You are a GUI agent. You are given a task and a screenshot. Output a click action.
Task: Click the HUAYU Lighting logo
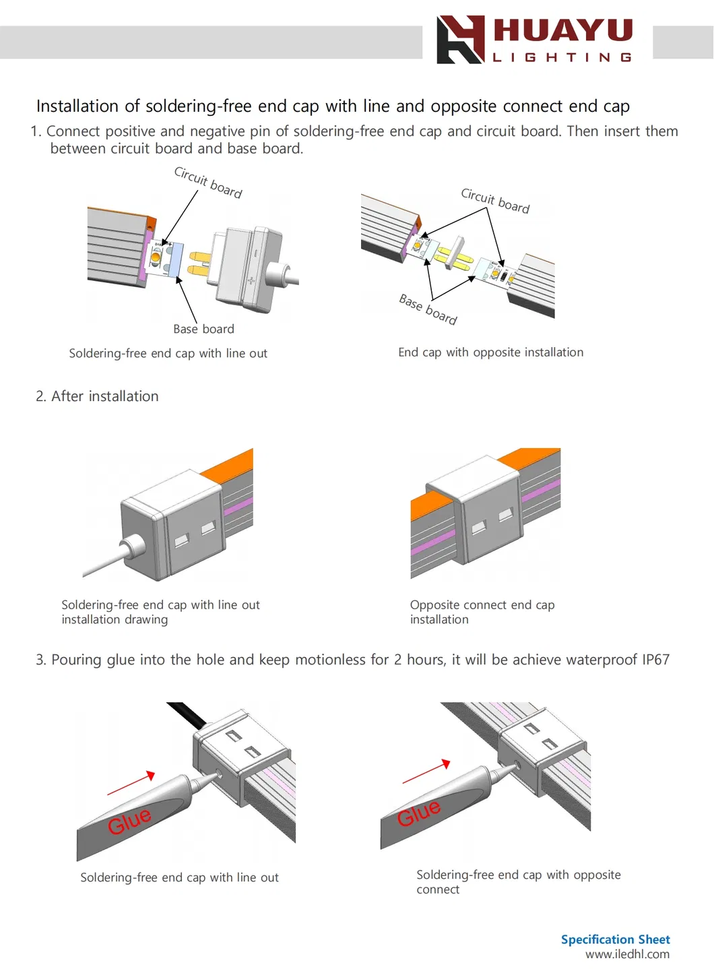click(x=535, y=39)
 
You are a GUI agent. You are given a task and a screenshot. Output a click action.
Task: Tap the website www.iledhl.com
click(x=627, y=954)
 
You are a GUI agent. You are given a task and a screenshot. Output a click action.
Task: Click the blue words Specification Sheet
click(x=616, y=939)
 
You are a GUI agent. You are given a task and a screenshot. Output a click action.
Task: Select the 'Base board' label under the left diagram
click(x=203, y=330)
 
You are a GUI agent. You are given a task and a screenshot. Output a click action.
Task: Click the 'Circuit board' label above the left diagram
click(x=208, y=183)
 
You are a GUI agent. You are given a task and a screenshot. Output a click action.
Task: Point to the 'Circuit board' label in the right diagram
click(x=495, y=201)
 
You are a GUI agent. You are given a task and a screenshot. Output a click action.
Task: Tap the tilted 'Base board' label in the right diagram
click(x=428, y=309)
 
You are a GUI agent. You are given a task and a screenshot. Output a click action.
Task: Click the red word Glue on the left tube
click(x=129, y=820)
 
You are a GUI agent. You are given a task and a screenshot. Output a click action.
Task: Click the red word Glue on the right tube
click(x=418, y=813)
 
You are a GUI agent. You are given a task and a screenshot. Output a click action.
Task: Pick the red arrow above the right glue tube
click(x=426, y=772)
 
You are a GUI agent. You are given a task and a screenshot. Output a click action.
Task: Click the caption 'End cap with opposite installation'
click(x=491, y=352)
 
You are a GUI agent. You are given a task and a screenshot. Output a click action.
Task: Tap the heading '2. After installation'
click(x=97, y=396)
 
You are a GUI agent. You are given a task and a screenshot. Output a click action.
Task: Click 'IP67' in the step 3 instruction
click(x=655, y=660)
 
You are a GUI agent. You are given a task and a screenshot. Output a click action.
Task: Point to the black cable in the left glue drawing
click(x=188, y=714)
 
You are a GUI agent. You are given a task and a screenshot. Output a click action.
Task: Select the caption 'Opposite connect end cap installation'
click(x=482, y=612)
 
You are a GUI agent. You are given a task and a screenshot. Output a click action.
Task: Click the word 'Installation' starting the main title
click(x=77, y=106)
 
